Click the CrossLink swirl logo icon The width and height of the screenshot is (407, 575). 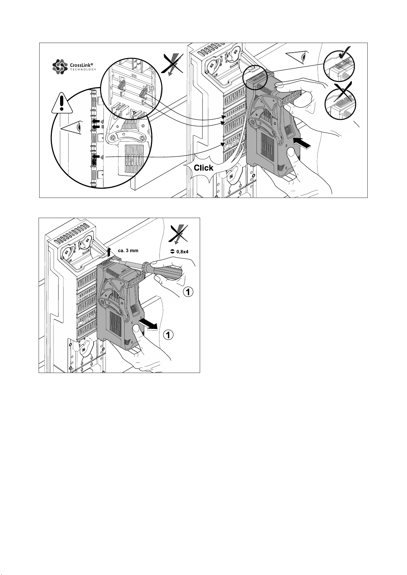click(x=60, y=67)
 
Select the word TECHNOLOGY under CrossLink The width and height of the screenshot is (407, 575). click(x=83, y=70)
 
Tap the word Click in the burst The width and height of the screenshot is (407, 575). click(x=203, y=168)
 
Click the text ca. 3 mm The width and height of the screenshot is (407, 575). click(x=128, y=250)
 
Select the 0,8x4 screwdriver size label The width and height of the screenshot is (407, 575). click(x=182, y=252)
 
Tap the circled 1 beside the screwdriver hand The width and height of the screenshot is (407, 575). click(x=188, y=292)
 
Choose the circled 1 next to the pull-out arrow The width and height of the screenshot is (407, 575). click(x=168, y=335)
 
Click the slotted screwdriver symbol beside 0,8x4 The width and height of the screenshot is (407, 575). click(x=172, y=251)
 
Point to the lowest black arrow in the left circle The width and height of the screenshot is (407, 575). click(x=96, y=156)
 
